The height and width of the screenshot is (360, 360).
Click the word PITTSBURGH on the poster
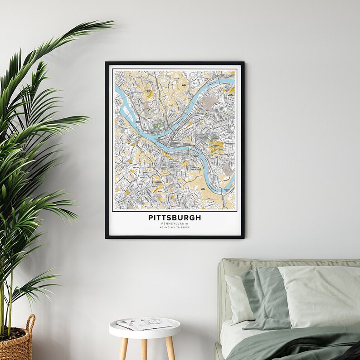click(175, 218)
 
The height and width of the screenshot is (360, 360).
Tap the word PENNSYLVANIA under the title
click(175, 224)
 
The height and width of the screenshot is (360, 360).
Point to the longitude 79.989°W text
click(183, 228)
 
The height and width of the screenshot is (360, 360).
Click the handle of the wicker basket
click(29, 324)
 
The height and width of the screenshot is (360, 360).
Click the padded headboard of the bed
click(236, 268)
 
